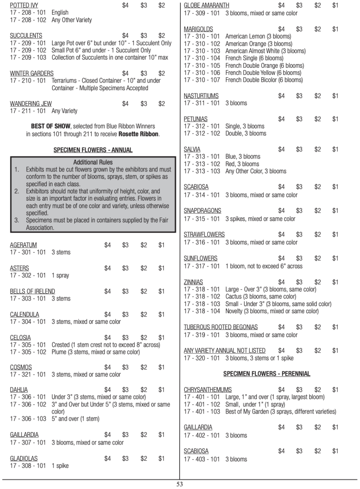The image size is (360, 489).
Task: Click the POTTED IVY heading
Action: pos(24,5)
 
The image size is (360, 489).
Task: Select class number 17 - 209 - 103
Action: pos(28,58)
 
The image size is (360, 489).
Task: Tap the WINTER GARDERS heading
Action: pos(30,73)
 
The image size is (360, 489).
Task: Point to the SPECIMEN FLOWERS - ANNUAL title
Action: pos(93,150)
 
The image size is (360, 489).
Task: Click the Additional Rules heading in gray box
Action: pos(93,162)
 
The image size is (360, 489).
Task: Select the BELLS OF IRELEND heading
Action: pos(32,291)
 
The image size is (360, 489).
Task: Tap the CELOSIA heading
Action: pos(21,338)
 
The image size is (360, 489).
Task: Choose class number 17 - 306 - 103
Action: pos(28,419)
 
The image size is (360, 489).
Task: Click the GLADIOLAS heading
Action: pos(24,458)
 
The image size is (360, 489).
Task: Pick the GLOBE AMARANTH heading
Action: pos(206,5)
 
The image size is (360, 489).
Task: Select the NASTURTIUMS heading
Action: pos(201,96)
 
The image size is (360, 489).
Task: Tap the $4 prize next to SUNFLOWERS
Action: pos(281,258)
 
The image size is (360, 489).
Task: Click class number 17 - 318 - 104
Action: pos(202,311)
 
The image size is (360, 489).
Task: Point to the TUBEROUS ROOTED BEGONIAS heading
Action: pos(221,327)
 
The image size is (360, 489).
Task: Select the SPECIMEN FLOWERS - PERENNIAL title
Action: pos(267,373)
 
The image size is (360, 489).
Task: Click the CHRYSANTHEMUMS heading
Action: pos(208,390)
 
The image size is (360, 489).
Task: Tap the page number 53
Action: pos(180,484)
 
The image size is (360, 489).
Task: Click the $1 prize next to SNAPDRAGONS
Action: pos(335,211)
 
